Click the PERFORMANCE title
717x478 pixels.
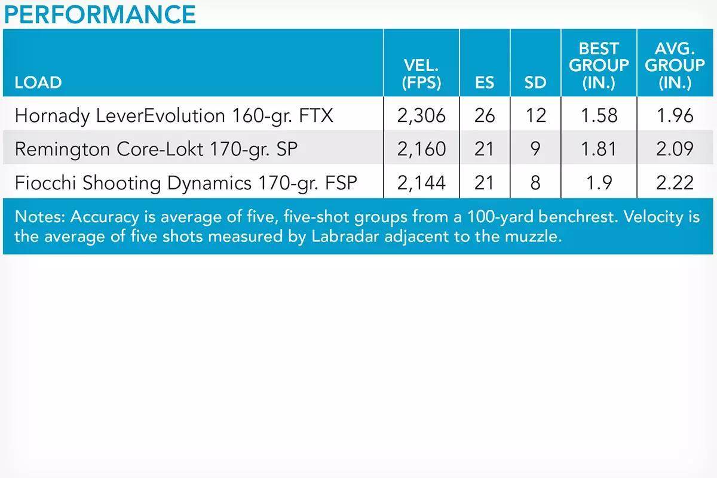click(x=100, y=15)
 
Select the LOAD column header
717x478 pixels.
click(x=38, y=82)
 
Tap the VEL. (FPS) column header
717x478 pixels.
click(x=421, y=74)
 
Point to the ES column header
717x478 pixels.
click(x=485, y=82)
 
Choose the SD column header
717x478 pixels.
click(x=535, y=82)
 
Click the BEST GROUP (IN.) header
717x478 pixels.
click(x=599, y=66)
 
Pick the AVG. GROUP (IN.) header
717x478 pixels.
click(x=675, y=66)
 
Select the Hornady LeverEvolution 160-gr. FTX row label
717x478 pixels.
click(x=174, y=116)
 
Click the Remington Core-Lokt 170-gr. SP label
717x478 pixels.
click(x=156, y=149)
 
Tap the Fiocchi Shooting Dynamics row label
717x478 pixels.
click(x=186, y=183)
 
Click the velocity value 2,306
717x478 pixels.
click(x=421, y=116)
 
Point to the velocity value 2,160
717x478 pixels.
click(x=421, y=149)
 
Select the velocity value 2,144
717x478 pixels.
click(x=421, y=183)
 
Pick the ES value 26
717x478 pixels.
click(x=485, y=115)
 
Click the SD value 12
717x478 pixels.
click(x=535, y=115)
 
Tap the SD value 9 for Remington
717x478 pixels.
click(x=535, y=149)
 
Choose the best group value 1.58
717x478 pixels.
click(x=599, y=115)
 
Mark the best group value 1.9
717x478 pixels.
click(x=599, y=183)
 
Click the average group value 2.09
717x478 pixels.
click(x=675, y=149)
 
